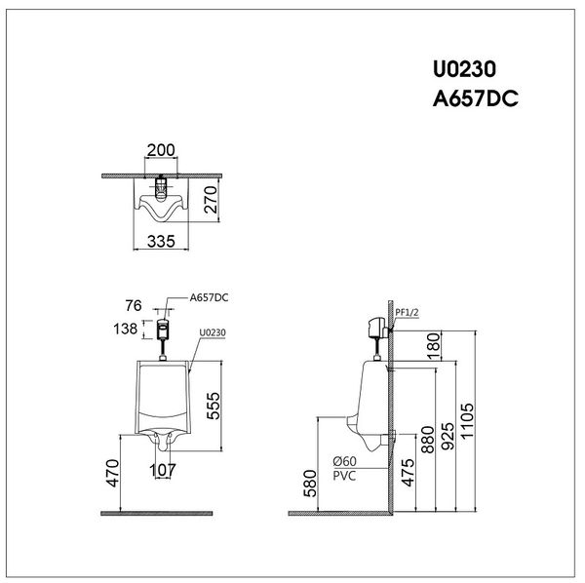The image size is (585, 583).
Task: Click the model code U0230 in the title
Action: click(465, 70)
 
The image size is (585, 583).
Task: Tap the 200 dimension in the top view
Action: click(161, 152)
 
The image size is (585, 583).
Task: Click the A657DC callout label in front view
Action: click(209, 295)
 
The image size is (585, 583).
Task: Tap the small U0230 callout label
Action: click(212, 332)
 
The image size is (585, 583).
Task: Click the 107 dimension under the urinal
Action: click(163, 470)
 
